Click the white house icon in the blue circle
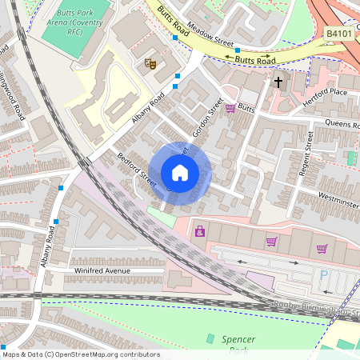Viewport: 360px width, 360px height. coord(180,173)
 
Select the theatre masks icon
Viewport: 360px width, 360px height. coord(150,63)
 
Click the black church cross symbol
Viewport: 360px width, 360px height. coord(279,82)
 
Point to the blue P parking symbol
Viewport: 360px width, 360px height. coord(324,274)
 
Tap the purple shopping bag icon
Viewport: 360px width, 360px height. coord(199,232)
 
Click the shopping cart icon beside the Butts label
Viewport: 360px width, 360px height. coord(230,108)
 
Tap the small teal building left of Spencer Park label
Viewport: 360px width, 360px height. coord(211,339)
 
